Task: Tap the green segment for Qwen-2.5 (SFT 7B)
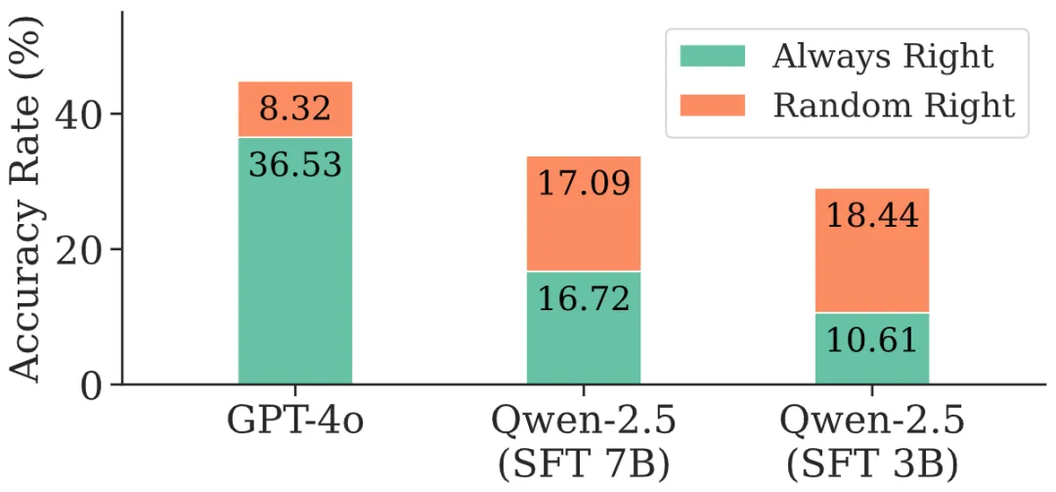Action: point(584,352)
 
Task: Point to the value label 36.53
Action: point(294,163)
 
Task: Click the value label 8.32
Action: point(294,109)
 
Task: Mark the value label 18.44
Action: point(871,214)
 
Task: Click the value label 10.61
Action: point(871,340)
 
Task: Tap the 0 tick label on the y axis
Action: point(91,384)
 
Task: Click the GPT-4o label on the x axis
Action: point(294,424)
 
